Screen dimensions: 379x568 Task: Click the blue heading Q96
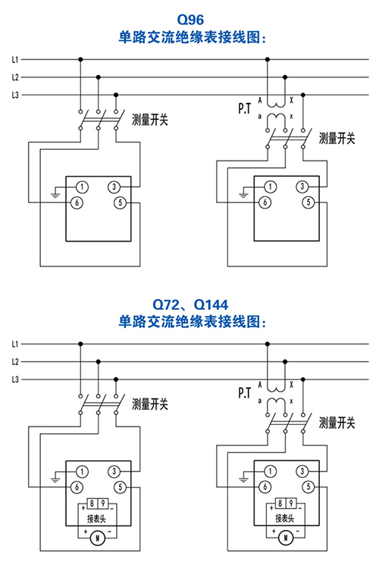point(190,20)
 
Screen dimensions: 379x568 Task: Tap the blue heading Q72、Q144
point(190,304)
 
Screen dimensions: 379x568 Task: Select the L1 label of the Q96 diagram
point(15,59)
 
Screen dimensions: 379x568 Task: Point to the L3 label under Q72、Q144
point(15,379)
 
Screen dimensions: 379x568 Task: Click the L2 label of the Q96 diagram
point(15,77)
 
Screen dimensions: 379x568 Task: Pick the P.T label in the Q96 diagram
point(244,108)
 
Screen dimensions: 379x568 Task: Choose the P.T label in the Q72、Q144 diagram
point(244,392)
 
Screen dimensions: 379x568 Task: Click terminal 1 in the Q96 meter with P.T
point(270,187)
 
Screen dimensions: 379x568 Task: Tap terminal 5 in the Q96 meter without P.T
point(121,202)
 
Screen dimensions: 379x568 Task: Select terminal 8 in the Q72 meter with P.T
point(280,504)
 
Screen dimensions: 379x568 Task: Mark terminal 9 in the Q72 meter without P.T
point(103,504)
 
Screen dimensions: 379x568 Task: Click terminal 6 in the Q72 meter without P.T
point(77,487)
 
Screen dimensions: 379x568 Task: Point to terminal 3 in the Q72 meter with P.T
point(302,471)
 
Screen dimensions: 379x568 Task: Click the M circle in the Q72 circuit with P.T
point(286,538)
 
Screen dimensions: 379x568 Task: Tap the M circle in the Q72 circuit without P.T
point(97,538)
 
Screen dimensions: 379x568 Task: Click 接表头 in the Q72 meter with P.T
point(285,518)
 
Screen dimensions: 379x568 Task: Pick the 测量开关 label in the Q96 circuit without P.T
point(150,119)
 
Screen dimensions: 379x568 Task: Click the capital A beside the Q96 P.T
point(260,100)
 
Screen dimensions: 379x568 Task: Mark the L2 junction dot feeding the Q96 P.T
point(285,77)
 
